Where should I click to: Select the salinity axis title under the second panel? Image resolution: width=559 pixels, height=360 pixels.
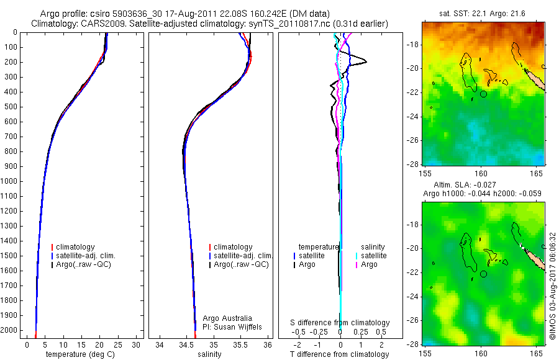coord(209,354)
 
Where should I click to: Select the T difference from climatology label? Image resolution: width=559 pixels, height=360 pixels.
coord(339,354)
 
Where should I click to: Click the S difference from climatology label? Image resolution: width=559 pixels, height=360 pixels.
coord(340,323)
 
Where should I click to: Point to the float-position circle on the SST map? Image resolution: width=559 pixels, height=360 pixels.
coord(484,94)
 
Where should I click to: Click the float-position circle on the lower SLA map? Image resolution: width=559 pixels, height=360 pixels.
coord(484,274)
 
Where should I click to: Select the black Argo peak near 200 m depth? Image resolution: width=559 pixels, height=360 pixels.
coord(365,61)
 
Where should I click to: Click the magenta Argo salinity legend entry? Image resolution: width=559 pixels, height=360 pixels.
coord(369,264)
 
